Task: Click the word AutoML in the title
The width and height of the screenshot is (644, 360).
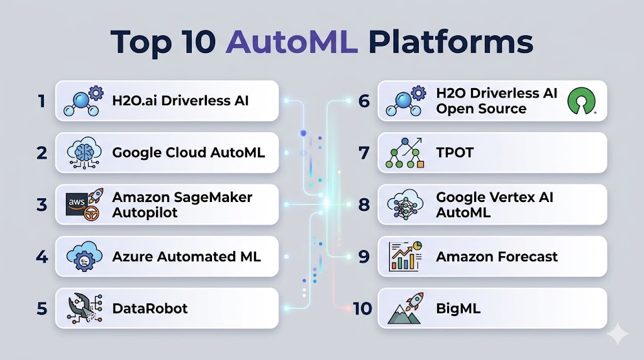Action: coord(292,42)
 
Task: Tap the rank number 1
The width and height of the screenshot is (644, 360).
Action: coord(42,101)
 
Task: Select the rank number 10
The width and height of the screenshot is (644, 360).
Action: coord(362,308)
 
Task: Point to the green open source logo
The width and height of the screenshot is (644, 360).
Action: coord(582,101)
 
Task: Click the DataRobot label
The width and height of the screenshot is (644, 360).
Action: coord(150,308)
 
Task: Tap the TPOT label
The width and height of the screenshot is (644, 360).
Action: coord(455,152)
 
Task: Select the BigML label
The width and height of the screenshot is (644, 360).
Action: coord(458,308)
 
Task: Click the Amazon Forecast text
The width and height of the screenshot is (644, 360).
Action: coord(497,256)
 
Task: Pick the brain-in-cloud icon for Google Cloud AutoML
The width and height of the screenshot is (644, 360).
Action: coord(84,153)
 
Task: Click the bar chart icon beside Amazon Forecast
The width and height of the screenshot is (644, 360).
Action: coord(406,256)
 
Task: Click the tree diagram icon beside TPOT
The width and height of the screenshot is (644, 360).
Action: coord(405,153)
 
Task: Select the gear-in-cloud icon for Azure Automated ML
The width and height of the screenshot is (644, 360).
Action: coord(84,256)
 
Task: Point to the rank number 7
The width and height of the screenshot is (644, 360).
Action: coord(364,153)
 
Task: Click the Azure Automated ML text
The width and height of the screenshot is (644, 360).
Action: coord(186,256)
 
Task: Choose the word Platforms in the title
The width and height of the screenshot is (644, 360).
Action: coord(450,42)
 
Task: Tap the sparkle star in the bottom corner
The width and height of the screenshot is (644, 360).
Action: coord(618,334)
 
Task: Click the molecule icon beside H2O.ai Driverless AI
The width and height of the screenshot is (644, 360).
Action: coord(84,101)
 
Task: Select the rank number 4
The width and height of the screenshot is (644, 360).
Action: coord(42,256)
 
